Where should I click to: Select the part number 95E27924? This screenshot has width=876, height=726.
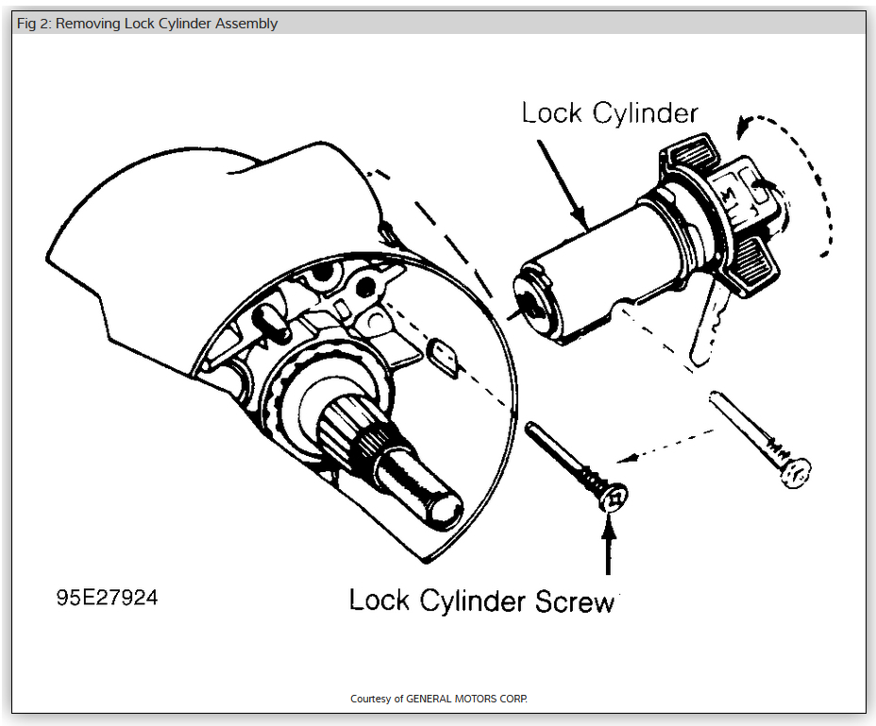pos(106,598)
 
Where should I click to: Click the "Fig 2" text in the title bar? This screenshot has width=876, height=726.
pos(35,24)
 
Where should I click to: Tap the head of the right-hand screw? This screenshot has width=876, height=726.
pos(797,472)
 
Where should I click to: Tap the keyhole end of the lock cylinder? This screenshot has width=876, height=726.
pos(531,304)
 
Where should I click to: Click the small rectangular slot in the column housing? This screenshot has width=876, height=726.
pos(445,360)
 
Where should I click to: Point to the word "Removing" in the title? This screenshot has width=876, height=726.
pos(92,24)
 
